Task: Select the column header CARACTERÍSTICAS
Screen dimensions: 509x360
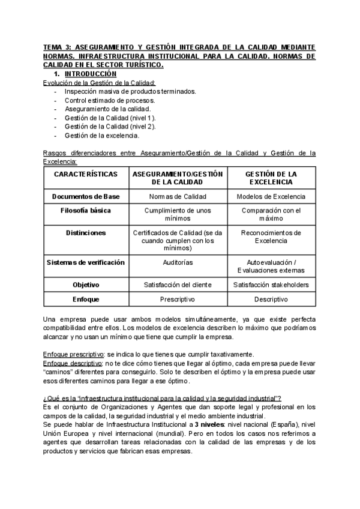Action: click(x=86, y=173)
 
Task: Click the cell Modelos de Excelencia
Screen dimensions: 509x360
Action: click(x=271, y=196)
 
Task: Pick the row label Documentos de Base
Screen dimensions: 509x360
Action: click(x=86, y=196)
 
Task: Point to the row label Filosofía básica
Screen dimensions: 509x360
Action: click(x=86, y=211)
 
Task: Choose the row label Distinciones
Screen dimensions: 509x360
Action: click(x=86, y=232)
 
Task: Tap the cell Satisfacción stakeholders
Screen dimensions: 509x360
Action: click(x=271, y=285)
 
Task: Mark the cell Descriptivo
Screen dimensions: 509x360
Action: click(x=271, y=298)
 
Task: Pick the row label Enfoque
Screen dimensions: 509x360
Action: click(x=86, y=298)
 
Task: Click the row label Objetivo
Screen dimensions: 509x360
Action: click(x=86, y=285)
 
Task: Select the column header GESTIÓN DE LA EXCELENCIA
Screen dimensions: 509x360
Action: click(x=271, y=178)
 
